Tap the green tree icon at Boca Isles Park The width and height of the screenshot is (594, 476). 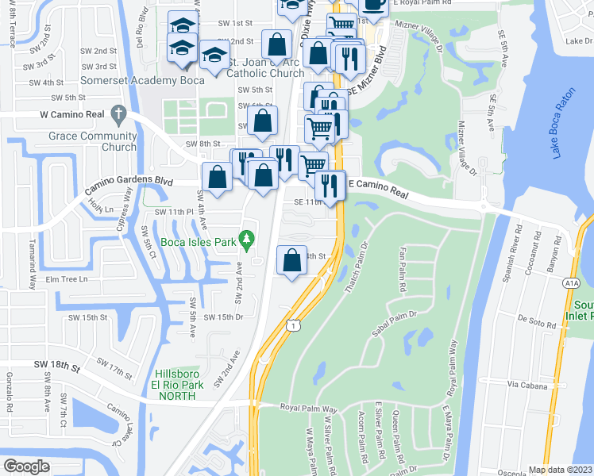click(247, 237)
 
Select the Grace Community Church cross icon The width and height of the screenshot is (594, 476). click(118, 113)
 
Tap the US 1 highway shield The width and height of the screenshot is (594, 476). click(293, 324)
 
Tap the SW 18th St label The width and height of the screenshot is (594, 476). click(58, 367)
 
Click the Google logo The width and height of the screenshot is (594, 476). click(26, 466)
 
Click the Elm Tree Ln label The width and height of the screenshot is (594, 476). click(66, 279)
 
